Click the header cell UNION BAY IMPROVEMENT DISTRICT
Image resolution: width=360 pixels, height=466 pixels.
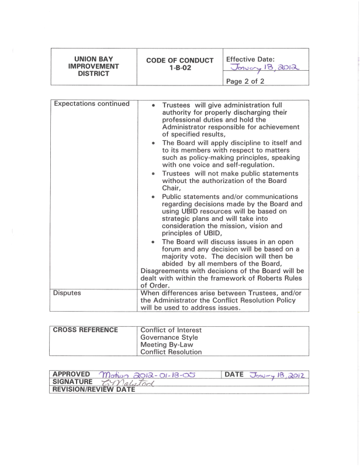94,67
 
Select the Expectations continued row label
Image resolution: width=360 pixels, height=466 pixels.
91,104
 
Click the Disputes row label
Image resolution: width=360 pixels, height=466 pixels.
67,292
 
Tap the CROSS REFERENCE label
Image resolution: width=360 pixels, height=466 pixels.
86,330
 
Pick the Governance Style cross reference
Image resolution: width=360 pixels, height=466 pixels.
169,337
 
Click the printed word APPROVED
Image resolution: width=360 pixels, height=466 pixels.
71,374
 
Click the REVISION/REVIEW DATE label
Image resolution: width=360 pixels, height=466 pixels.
94,390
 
